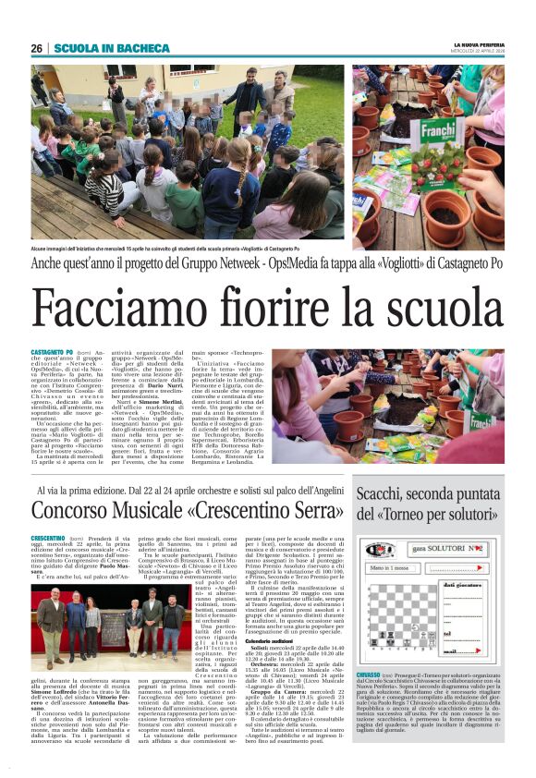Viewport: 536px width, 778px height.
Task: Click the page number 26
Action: (37, 48)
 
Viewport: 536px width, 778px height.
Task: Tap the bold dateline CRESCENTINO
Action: (54, 537)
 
